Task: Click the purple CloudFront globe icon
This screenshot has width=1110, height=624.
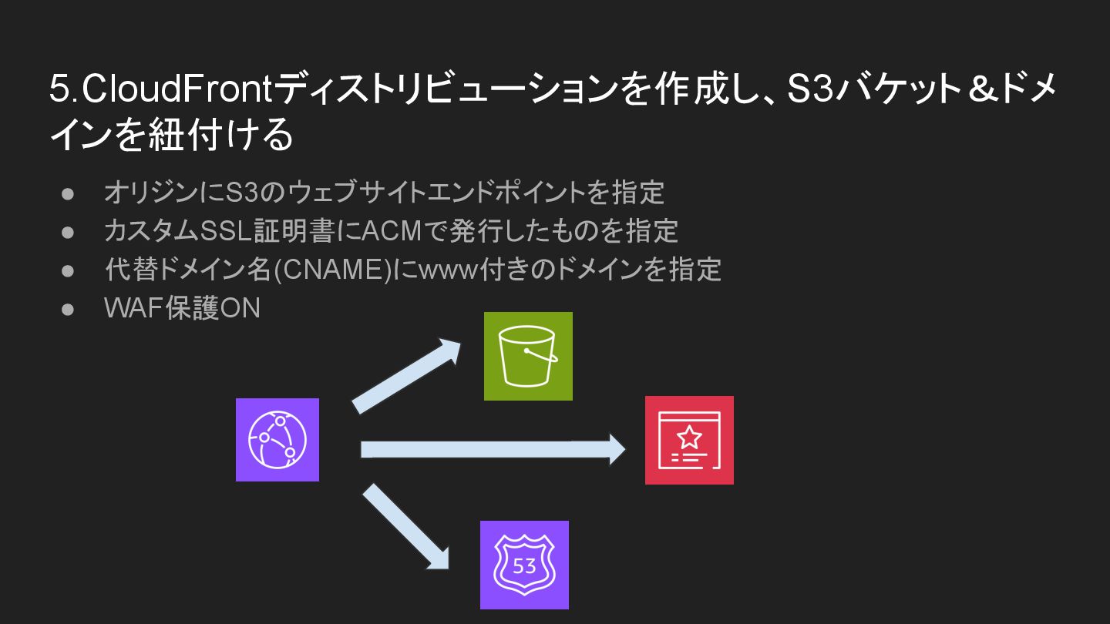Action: click(277, 440)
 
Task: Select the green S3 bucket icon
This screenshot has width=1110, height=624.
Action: click(528, 356)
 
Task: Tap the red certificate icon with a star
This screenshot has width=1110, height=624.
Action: click(689, 440)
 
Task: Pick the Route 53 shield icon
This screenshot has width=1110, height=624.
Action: click(524, 565)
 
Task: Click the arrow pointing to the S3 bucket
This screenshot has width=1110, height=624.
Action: click(406, 375)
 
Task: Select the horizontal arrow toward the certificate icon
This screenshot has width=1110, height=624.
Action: click(493, 449)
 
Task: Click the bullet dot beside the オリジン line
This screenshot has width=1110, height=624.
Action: click(68, 193)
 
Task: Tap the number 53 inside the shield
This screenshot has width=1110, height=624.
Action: click(524, 567)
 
